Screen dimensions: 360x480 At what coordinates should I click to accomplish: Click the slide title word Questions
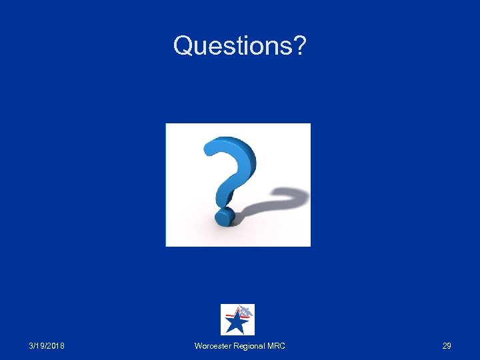click(233, 46)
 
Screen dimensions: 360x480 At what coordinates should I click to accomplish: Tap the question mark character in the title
click(299, 46)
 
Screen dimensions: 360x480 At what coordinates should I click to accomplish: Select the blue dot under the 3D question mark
click(223, 217)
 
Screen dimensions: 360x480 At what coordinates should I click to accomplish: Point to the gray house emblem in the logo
click(246, 311)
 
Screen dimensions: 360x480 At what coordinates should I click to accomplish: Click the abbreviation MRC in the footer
click(276, 346)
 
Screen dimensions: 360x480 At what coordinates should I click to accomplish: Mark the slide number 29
click(447, 346)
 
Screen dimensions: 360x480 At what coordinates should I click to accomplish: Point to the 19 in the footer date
click(42, 346)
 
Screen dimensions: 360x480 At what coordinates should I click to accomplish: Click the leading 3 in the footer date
click(32, 346)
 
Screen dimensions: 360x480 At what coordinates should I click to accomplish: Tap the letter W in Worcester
click(198, 346)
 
